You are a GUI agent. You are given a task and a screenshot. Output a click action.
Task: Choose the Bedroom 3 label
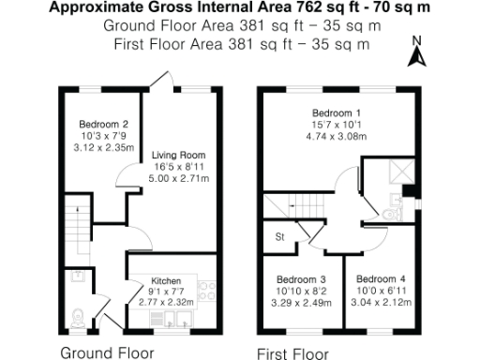tap(302, 279)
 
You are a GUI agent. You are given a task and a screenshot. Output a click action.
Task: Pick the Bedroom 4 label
tap(382, 278)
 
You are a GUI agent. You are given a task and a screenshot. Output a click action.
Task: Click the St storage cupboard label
tap(278, 238)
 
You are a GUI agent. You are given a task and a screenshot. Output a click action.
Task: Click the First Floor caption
tap(293, 352)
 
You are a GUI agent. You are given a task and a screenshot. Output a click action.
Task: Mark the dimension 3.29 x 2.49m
tap(302, 303)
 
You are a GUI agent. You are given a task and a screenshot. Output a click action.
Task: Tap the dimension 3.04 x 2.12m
tap(382, 302)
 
